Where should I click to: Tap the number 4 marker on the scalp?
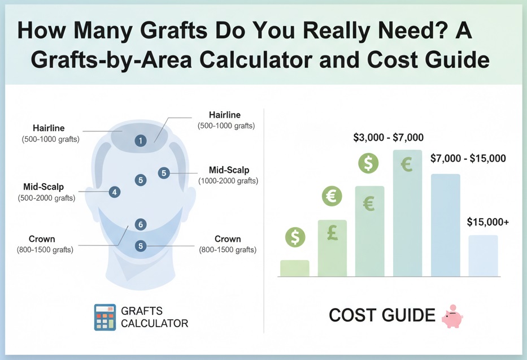115,192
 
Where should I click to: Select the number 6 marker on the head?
141,224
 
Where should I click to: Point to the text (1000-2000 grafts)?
228,181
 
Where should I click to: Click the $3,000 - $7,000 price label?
388,137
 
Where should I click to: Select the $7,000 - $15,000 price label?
468,159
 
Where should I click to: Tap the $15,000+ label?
487,222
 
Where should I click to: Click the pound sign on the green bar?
332,233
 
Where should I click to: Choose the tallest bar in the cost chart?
407,213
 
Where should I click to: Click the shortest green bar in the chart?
294,268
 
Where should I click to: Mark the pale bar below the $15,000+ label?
483,256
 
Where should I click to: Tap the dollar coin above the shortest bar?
294,237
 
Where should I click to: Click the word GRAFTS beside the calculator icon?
142,311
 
